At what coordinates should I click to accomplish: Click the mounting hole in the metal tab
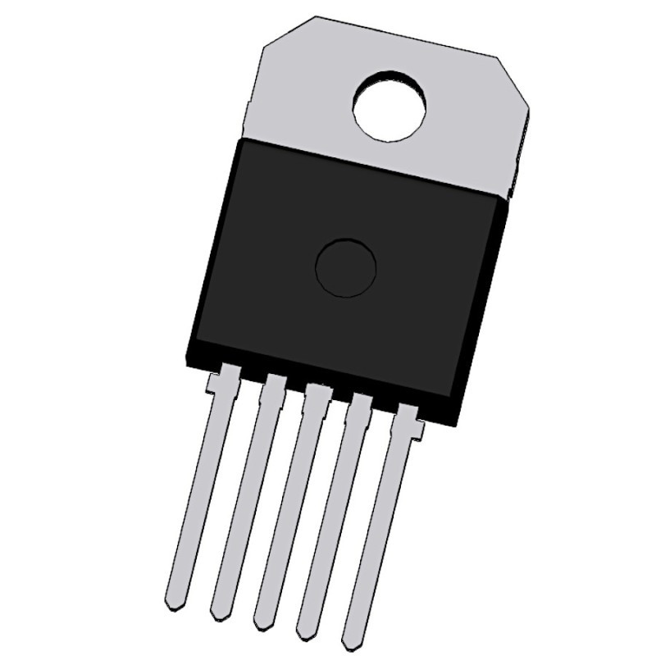390,107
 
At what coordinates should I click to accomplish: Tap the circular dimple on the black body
346,268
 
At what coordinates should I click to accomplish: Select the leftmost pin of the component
197,492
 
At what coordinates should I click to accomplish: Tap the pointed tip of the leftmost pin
171,605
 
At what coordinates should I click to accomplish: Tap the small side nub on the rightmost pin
420,428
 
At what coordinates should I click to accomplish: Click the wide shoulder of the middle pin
316,394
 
